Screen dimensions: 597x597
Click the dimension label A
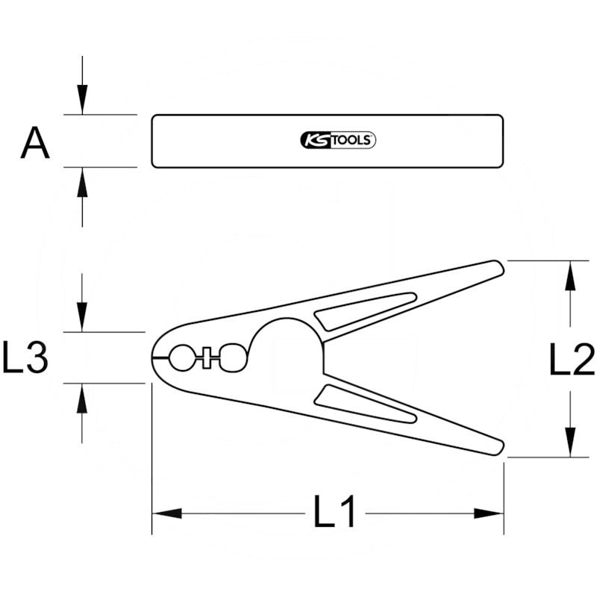tap(35, 143)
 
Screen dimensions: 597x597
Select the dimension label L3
tap(25, 357)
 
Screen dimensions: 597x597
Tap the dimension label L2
tap(572, 359)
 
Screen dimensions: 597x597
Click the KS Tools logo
tap(338, 140)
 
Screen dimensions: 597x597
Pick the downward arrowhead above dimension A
tap(82, 99)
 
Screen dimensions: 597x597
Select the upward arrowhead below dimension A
tap(82, 182)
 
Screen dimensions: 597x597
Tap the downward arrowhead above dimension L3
tap(82, 317)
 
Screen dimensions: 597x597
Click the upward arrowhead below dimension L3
tap(82, 398)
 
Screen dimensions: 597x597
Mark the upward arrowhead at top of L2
tap(570, 275)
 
